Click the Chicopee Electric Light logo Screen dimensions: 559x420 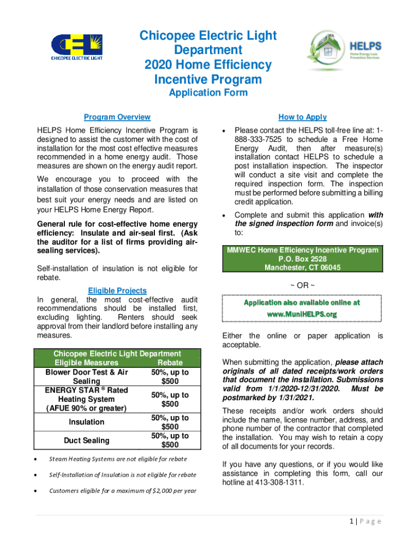[76, 46]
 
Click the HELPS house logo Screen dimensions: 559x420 [344, 50]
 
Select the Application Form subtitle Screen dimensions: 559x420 [208, 93]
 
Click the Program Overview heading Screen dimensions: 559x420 [117, 117]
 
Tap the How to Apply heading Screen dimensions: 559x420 [302, 117]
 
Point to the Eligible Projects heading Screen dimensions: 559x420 [117, 291]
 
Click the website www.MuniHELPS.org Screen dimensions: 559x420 [302, 314]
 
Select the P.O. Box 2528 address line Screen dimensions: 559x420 [302, 259]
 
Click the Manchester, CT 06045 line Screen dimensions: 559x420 [302, 267]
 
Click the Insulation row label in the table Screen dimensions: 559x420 [86, 422]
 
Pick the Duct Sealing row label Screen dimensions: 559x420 [86, 440]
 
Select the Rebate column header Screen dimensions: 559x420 [170, 362]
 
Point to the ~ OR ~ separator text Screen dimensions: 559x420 [302, 285]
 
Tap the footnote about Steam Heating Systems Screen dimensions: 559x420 [118, 459]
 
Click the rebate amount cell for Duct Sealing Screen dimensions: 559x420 [170, 440]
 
